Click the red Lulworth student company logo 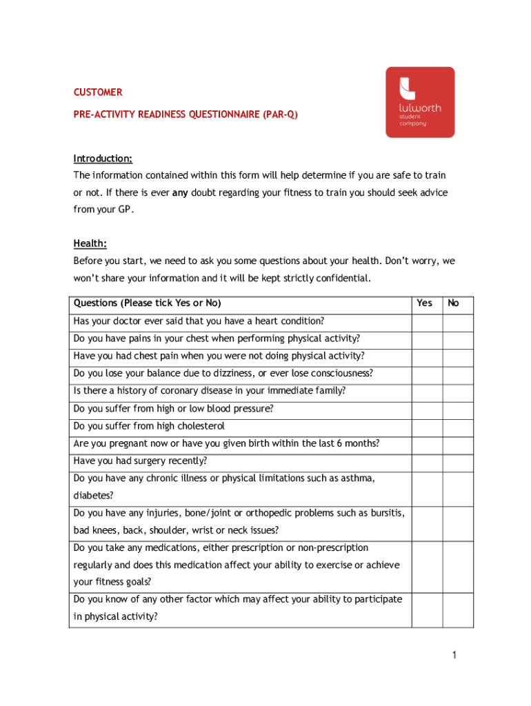(x=420, y=102)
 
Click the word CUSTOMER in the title (x=98, y=92)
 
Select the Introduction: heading (x=103, y=159)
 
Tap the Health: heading (x=90, y=243)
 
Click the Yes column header (x=425, y=303)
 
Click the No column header (x=453, y=303)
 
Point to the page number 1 (x=454, y=655)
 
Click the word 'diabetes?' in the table (x=94, y=495)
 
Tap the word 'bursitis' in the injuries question (x=387, y=513)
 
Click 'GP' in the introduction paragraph (x=122, y=210)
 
